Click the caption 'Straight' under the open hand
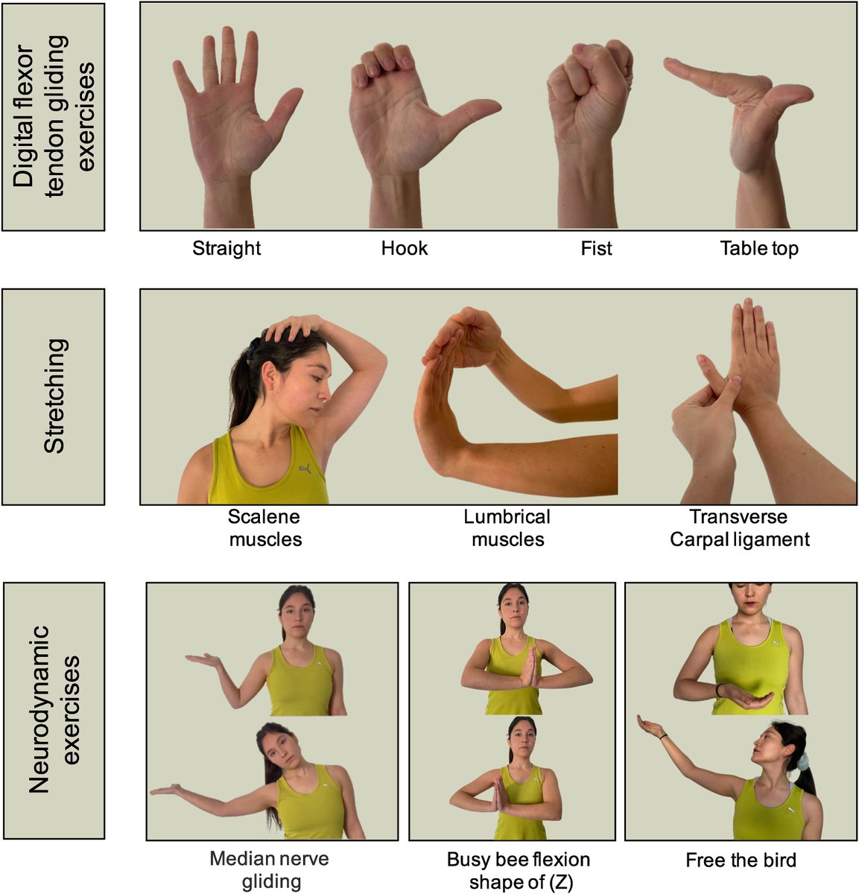pyautogui.click(x=226, y=248)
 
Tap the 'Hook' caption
pyautogui.click(x=405, y=248)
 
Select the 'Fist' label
pyautogui.click(x=596, y=248)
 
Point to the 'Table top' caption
pyautogui.click(x=758, y=248)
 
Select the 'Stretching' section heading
pyautogui.click(x=54, y=396)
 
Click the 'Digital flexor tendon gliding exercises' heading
pyautogui.click(x=54, y=116)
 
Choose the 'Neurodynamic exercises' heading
pyautogui.click(x=54, y=709)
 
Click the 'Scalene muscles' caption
pyautogui.click(x=265, y=527)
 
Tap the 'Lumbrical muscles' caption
pyautogui.click(x=507, y=527)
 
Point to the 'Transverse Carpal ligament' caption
pyautogui.click(x=739, y=527)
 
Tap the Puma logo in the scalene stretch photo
pyautogui.click(x=304, y=469)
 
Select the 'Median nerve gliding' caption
pyautogui.click(x=270, y=870)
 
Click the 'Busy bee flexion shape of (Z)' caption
pyautogui.click(x=518, y=870)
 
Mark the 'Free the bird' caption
pyautogui.click(x=741, y=860)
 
